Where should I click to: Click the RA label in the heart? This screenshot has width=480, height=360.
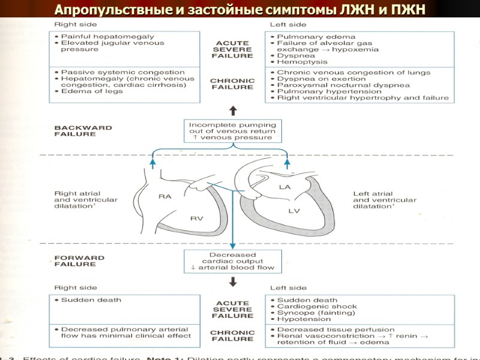coord(165,197)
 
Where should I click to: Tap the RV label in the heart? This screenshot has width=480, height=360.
coord(197,218)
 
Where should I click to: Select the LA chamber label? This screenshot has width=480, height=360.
coord(284,188)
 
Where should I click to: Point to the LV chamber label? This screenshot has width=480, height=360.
coord(293,211)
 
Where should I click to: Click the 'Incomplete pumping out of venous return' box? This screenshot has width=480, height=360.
coord(232,131)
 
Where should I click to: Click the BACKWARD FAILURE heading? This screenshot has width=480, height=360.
coord(75,131)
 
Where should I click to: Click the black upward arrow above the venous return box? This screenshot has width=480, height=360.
coord(233,111)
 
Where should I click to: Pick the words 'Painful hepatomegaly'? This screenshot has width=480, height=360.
coord(99,37)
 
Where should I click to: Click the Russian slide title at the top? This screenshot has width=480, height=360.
coord(240,9)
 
